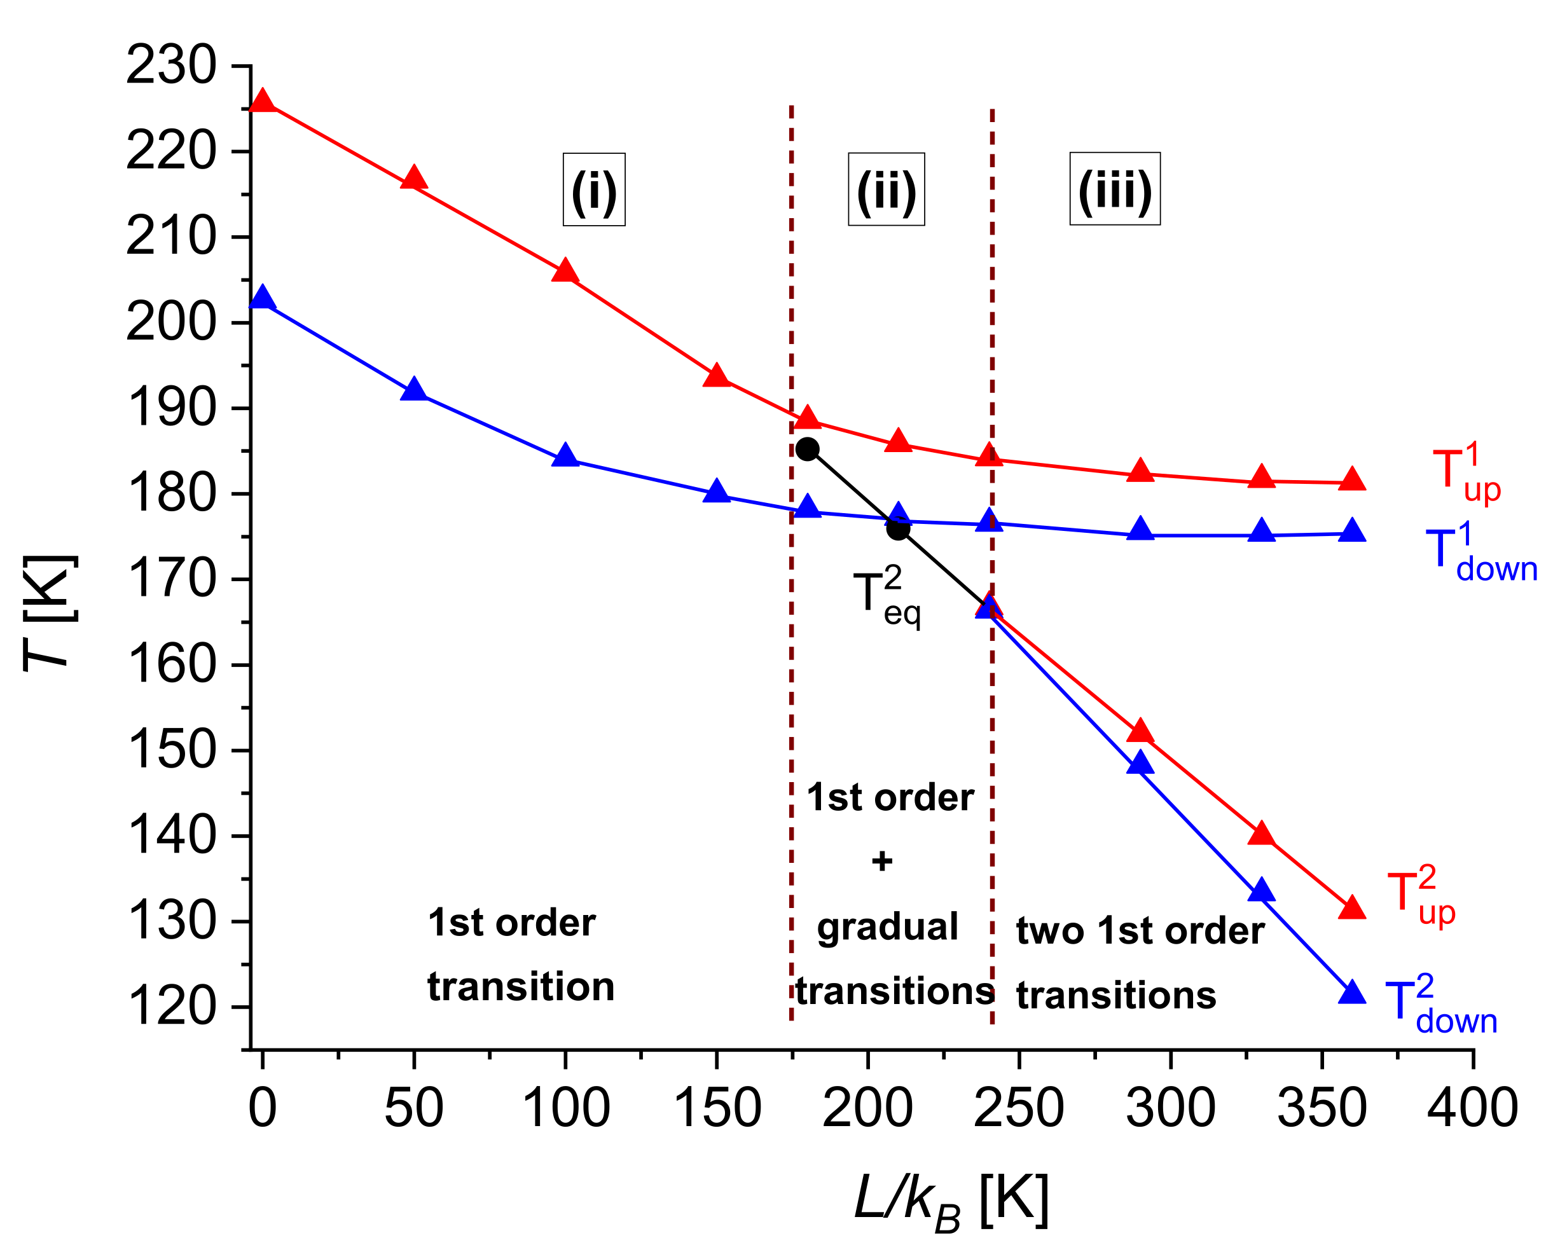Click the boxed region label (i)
[x=594, y=189]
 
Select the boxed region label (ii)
[x=887, y=189]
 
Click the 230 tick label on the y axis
[x=171, y=66]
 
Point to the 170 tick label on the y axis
[x=171, y=579]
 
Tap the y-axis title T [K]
[x=50, y=614]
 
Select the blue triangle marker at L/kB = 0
[x=262, y=298]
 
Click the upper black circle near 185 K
[x=807, y=450]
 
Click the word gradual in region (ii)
[x=887, y=928]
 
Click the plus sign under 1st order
[x=882, y=862]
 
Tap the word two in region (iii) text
[x=1049, y=931]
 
